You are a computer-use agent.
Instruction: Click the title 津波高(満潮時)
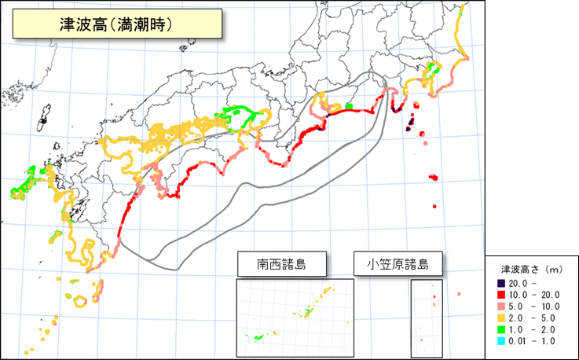coord(115,24)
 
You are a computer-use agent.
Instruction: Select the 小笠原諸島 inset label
coord(397,264)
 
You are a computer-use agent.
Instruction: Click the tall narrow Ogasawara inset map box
coord(427,318)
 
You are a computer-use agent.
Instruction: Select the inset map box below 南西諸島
coord(295,318)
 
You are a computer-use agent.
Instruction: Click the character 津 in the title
coord(68,24)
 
